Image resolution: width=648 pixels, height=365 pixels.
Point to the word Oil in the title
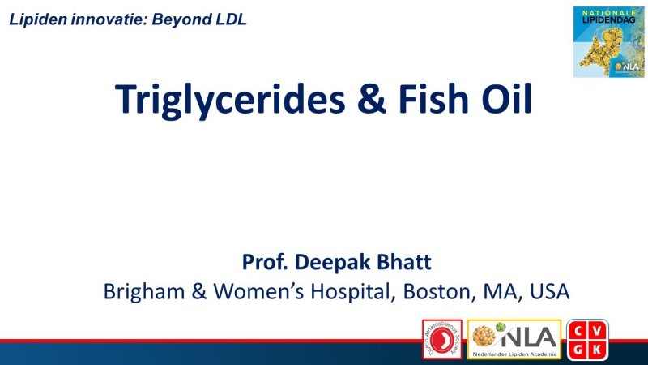tap(502, 99)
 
